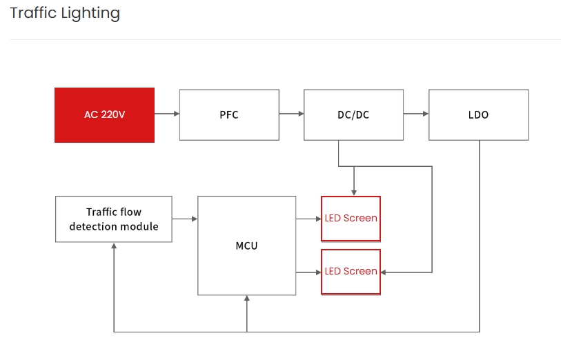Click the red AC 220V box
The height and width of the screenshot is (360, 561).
pos(104,114)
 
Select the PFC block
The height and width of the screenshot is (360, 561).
pos(229,114)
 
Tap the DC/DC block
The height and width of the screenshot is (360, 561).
pos(353,114)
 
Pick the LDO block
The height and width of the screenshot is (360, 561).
pos(478,114)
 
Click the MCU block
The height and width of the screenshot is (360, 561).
pos(246,246)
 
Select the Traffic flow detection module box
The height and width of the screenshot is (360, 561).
pos(113,219)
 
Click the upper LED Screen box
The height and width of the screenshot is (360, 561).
pos(351,219)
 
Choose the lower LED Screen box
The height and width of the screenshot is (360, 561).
pos(351,272)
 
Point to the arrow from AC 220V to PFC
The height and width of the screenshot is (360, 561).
pos(166,114)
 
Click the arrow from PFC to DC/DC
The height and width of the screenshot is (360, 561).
pos(291,114)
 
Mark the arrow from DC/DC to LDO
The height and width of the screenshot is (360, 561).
pos(416,114)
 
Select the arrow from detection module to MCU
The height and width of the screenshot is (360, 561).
pos(184,219)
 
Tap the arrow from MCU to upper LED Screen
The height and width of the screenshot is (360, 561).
pos(308,219)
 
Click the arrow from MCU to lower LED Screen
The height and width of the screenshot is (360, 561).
pos(308,272)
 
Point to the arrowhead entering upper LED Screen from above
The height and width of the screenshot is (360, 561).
pos(354,192)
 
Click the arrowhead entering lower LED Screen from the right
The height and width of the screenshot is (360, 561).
pos(384,272)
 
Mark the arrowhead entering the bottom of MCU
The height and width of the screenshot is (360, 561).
pos(246,299)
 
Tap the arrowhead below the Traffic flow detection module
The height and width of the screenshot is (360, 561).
pos(114,246)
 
